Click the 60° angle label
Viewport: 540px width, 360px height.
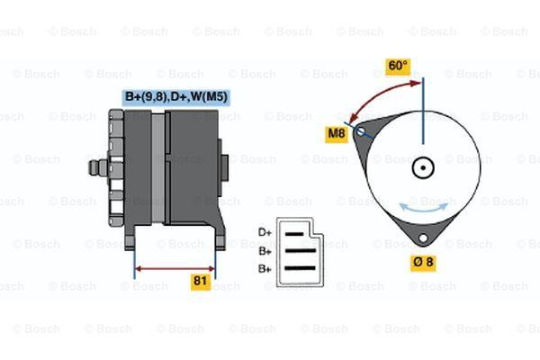coord(398,66)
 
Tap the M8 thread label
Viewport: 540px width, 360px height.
coord(336,133)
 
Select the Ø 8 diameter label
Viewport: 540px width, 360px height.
coord(423,263)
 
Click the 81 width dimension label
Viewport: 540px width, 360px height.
coord(201,281)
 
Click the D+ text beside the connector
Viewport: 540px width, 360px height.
coord(265,233)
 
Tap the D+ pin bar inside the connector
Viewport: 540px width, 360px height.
coord(293,234)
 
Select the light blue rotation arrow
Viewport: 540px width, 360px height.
coord(423,209)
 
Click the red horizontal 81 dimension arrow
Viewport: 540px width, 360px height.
coord(175,269)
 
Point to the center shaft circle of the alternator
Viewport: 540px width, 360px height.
coord(423,168)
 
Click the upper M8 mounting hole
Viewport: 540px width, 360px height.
coord(360,131)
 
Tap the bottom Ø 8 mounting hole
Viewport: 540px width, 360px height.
coord(423,238)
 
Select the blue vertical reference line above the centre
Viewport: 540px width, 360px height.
coord(423,111)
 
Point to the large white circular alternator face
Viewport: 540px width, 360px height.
coord(423,168)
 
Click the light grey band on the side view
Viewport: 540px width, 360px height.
coord(158,168)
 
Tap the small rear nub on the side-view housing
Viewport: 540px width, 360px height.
coord(224,167)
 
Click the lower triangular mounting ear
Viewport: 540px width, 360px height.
coord(423,231)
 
